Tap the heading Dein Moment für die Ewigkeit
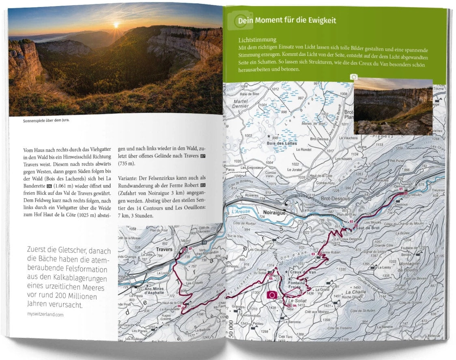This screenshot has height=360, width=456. [287, 20]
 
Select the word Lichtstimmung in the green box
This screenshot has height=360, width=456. [258, 40]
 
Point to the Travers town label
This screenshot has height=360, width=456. [164, 249]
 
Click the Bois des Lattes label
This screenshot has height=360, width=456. [282, 143]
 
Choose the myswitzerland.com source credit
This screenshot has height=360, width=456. [45, 314]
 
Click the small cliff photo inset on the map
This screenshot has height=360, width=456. [393, 107]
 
